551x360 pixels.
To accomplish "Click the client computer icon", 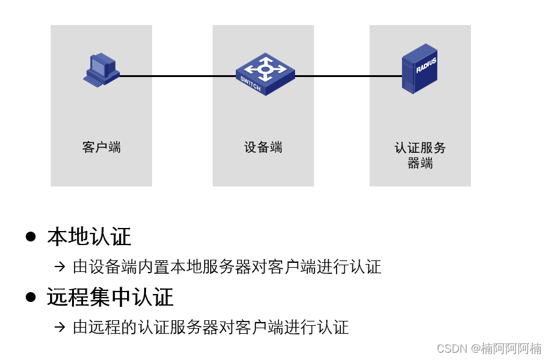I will point(101,69).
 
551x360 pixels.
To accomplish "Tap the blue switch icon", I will point(265,74).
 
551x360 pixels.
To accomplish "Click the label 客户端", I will point(101,147).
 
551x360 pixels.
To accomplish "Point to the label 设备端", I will point(263,147).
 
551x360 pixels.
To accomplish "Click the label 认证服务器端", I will point(420,155).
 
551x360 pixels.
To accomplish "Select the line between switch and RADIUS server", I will point(348,76).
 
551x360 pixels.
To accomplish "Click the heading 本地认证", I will point(89,237).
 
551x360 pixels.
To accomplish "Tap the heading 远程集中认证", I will point(110,297).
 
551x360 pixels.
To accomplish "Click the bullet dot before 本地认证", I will point(31,237).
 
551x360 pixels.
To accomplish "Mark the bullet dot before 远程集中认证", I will point(31,297).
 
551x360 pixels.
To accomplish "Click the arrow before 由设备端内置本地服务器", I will point(59,266).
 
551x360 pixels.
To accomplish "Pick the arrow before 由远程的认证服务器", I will point(59,327).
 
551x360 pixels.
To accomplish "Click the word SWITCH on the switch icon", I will point(250,84).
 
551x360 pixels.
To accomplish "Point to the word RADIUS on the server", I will point(426,65).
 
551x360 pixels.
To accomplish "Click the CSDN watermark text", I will point(489,348).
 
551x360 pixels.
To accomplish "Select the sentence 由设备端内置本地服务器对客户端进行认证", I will point(227,266).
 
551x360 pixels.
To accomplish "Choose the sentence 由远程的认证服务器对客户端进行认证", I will point(211,327).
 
